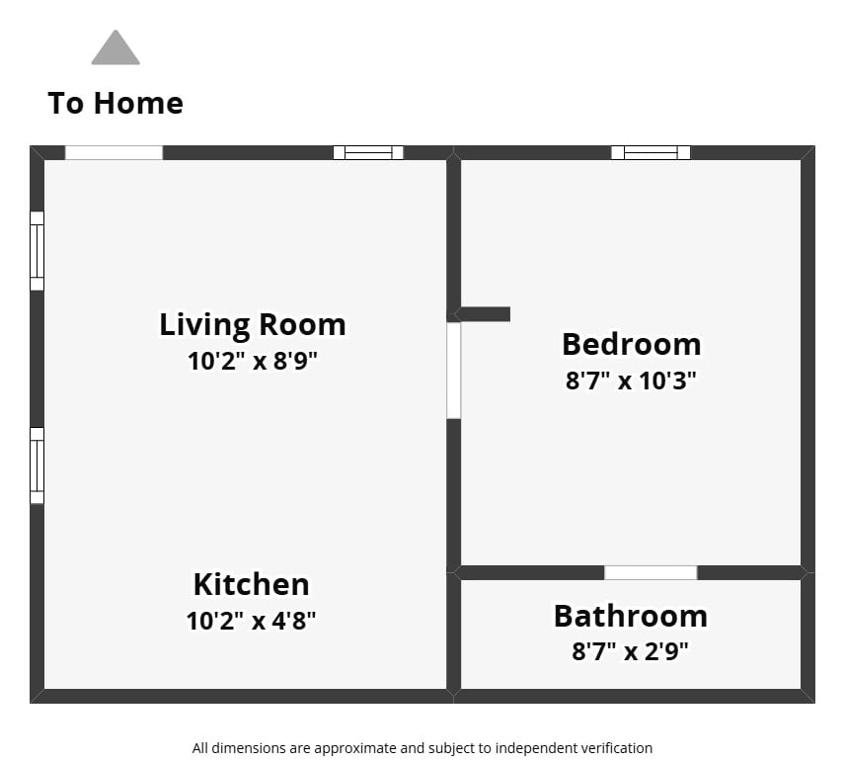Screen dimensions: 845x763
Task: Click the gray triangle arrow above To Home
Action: pos(115,47)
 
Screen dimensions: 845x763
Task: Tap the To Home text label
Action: pos(115,103)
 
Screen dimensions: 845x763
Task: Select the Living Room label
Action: pos(253,325)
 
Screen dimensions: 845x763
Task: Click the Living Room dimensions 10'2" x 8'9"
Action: pos(252,361)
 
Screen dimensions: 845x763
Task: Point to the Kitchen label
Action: pos(252,584)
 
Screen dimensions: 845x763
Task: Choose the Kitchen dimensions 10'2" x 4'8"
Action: pos(251,621)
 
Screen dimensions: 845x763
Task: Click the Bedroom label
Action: pos(632,344)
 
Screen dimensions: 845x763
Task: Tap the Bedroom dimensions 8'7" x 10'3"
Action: pos(631,381)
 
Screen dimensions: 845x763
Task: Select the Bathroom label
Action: pos(631,616)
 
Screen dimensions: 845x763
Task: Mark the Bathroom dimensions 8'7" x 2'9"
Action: pos(630,651)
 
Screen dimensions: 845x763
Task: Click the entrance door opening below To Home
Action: pos(114,153)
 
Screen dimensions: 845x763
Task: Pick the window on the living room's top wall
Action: pos(368,153)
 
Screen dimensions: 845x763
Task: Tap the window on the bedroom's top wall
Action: pos(651,153)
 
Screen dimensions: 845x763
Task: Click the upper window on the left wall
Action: pos(37,251)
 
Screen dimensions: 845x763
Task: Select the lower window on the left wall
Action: pos(37,466)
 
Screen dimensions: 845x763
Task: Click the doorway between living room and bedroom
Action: pos(454,371)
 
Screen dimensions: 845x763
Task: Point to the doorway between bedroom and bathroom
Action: pos(651,572)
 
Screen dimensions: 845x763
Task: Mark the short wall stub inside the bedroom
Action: pos(483,314)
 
